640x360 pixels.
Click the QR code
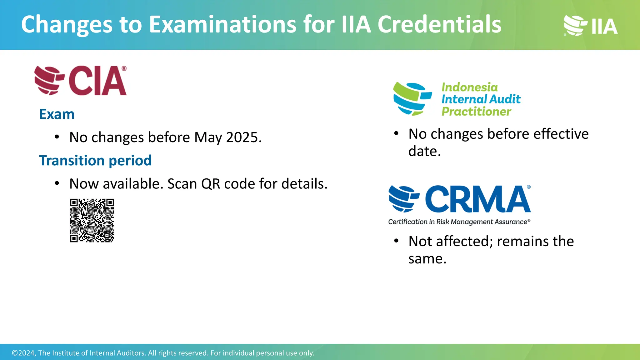pos(92,220)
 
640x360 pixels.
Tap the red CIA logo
pos(81,80)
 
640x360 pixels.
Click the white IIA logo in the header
pos(591,26)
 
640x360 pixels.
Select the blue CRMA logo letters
pos(477,199)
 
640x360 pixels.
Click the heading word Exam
pos(57,114)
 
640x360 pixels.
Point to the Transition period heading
pos(95,161)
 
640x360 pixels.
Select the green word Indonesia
pos(469,87)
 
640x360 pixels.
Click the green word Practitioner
pos(476,112)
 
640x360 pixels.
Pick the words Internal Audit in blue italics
pos(481,99)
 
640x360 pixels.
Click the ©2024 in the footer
pos(23,353)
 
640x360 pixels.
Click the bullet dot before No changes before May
pos(57,137)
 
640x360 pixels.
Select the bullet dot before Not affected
pos(396,241)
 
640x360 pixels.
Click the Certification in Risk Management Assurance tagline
pos(459,222)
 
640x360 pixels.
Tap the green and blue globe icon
pos(412,99)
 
